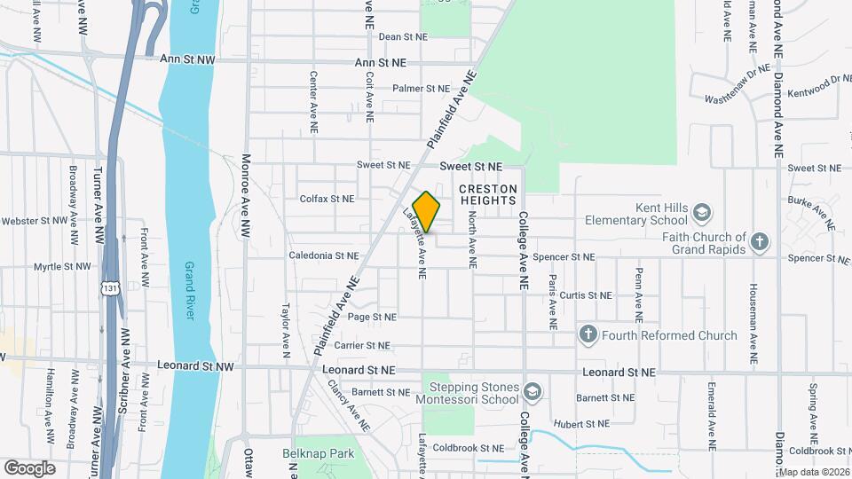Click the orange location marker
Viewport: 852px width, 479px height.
[426, 211]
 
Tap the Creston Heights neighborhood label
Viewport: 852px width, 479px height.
[487, 195]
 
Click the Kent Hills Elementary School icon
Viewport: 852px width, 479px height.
[702, 213]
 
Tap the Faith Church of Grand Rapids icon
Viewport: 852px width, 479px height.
[759, 241]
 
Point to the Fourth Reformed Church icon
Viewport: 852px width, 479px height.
[588, 335]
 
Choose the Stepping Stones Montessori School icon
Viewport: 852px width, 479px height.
[531, 392]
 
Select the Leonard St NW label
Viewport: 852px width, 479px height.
[195, 365]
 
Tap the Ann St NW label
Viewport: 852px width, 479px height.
[186, 60]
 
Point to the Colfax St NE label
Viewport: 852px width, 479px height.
[327, 200]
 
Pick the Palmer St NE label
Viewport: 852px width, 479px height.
[422, 89]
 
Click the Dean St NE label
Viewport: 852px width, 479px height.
[403, 37]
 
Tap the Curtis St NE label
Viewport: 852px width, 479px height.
[586, 295]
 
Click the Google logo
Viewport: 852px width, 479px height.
[29, 467]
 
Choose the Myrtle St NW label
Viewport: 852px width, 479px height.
[61, 266]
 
